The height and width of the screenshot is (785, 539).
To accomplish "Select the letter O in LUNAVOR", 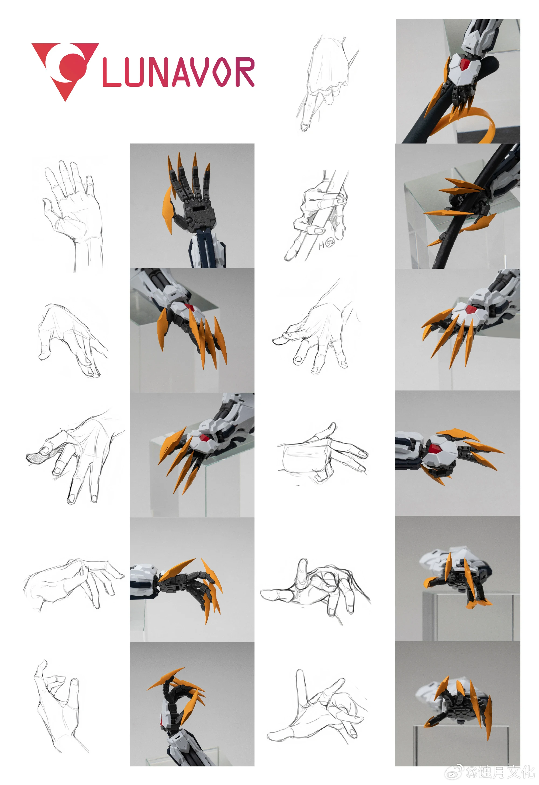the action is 221,72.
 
